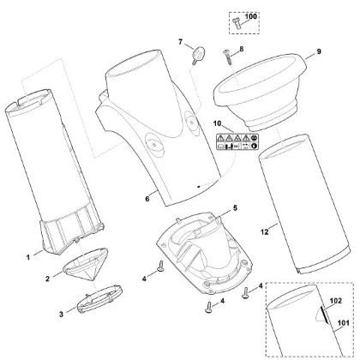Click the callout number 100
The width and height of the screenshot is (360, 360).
pos(251,16)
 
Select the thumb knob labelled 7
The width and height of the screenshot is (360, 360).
pos(198,54)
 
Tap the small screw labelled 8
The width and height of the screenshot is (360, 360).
pos(228,57)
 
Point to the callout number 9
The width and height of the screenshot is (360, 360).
pos(318,51)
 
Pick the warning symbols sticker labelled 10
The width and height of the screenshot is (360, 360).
pos(237,142)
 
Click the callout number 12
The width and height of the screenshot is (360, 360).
pos(265,232)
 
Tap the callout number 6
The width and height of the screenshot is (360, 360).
pos(147,199)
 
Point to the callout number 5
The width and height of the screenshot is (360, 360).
pos(235,208)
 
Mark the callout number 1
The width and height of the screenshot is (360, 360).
pos(28,257)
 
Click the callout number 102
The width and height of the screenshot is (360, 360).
pos(336,301)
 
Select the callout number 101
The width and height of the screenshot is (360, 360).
pos(343,323)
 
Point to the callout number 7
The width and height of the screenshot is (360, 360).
pos(180,42)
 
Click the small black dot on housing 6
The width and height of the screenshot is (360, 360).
pos(199,187)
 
